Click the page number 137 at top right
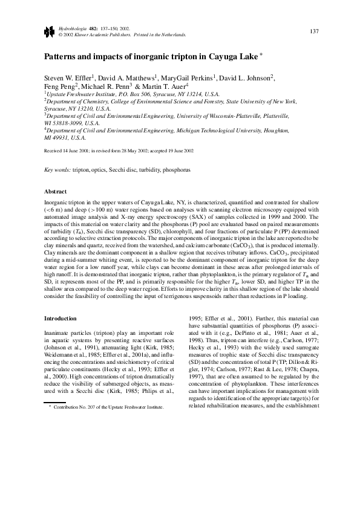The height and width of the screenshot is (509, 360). pyautogui.click(x=314, y=31)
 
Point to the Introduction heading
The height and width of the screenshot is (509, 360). pyautogui.click(x=61, y=318)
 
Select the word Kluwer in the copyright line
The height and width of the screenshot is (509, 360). pyautogui.click(x=80, y=34)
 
